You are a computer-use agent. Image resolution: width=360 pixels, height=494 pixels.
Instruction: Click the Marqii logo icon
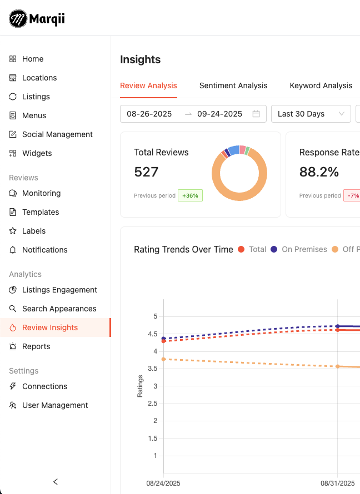(x=18, y=19)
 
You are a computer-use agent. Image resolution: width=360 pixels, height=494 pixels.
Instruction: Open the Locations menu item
(x=39, y=78)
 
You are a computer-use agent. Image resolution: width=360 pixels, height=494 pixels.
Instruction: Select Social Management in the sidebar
(x=57, y=134)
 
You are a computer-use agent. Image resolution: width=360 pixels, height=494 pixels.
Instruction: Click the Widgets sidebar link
(x=37, y=153)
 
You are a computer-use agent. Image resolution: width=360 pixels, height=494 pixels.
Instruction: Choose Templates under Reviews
(x=41, y=212)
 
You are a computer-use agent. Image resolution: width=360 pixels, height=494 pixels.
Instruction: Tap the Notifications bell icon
(x=13, y=250)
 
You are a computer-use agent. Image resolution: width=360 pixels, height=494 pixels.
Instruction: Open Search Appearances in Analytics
(x=59, y=309)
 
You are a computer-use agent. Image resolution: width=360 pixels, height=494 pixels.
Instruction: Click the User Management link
(x=55, y=405)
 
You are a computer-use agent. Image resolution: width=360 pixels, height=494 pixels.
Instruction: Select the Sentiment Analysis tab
(x=233, y=85)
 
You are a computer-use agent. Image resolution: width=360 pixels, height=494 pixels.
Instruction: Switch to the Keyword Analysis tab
(x=321, y=85)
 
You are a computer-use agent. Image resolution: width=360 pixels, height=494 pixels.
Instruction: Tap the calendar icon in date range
(x=256, y=114)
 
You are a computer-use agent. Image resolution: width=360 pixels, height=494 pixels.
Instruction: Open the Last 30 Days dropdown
(x=311, y=114)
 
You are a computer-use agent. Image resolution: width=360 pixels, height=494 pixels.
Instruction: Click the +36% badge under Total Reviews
(x=190, y=195)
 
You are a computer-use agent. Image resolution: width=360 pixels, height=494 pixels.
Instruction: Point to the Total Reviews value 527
(x=146, y=172)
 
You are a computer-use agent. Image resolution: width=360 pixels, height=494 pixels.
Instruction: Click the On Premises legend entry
(x=299, y=249)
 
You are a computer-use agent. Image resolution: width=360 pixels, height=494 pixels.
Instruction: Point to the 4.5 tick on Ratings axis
(x=152, y=334)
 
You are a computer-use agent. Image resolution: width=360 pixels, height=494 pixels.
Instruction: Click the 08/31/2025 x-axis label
(x=337, y=483)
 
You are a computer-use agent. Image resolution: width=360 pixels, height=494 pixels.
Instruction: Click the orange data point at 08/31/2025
(x=337, y=366)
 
